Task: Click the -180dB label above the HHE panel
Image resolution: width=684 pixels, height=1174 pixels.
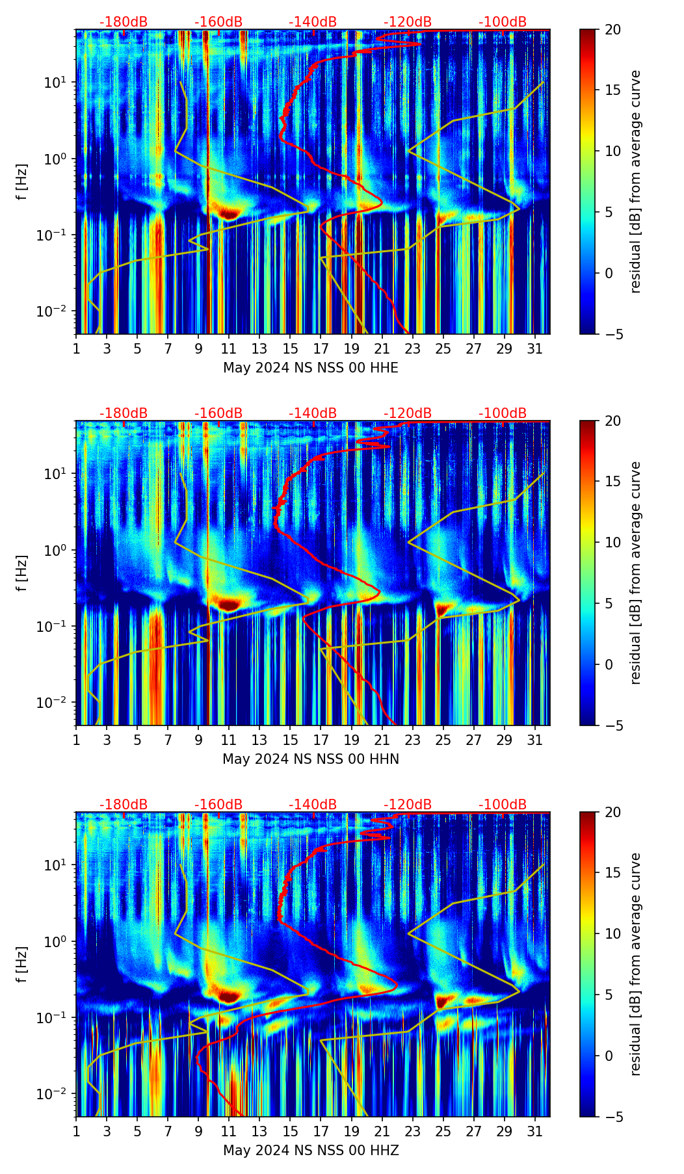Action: click(x=124, y=22)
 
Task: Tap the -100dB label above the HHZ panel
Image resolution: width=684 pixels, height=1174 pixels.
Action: click(x=503, y=805)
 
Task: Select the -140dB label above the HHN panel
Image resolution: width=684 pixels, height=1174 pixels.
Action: click(x=313, y=413)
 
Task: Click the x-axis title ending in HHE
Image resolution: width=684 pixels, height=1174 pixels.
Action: click(x=311, y=368)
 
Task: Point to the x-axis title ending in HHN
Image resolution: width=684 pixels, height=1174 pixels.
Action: click(x=311, y=759)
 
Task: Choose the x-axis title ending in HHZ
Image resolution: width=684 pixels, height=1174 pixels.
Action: click(x=311, y=1151)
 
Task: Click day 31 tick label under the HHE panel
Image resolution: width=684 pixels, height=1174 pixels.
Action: click(x=534, y=348)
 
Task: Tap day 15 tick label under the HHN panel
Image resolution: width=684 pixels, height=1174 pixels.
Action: click(x=290, y=740)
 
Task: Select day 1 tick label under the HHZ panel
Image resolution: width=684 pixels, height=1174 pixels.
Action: click(x=76, y=1131)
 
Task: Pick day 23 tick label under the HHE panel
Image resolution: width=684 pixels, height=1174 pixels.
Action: click(x=412, y=348)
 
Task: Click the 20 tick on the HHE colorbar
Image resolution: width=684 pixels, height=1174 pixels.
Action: click(x=613, y=30)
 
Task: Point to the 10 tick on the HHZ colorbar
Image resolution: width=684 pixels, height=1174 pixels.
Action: click(x=613, y=933)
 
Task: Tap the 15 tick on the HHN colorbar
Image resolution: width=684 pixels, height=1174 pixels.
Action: click(x=613, y=482)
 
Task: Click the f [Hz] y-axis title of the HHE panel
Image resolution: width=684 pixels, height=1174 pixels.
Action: click(x=22, y=182)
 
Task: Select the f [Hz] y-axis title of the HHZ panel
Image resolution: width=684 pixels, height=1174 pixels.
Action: click(x=22, y=965)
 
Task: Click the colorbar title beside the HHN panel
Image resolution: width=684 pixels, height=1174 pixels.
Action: click(x=636, y=573)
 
